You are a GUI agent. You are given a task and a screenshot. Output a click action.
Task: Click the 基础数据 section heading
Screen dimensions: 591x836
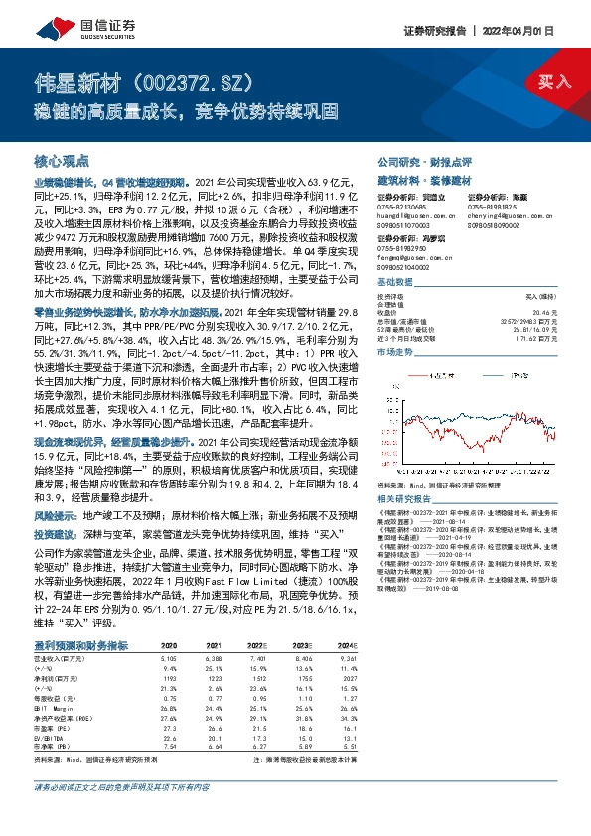pos(395,283)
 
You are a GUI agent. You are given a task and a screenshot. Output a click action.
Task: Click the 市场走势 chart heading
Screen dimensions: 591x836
pos(395,351)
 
